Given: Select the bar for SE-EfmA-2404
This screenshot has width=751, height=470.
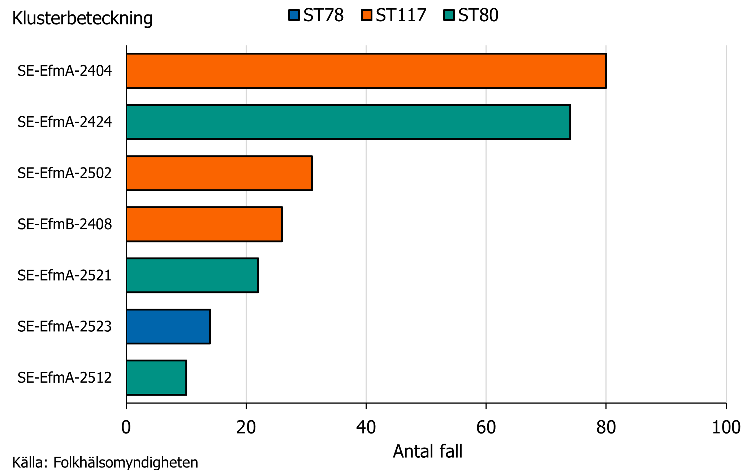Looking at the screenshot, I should click(x=366, y=71).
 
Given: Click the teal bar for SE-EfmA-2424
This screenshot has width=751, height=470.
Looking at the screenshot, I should click(x=348, y=122).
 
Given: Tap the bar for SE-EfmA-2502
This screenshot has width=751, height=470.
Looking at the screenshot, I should click(x=219, y=173).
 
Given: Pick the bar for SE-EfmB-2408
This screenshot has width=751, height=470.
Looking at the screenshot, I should click(x=204, y=224).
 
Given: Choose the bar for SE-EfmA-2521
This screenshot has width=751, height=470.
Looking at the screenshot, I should click(x=192, y=275).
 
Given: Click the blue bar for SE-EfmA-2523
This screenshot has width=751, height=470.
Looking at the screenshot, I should click(x=168, y=327).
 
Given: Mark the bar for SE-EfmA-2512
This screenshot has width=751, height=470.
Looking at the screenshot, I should click(x=156, y=378).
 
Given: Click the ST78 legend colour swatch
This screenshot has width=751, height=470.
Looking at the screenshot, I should click(x=294, y=15).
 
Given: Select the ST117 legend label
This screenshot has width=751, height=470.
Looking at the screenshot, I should click(x=401, y=15).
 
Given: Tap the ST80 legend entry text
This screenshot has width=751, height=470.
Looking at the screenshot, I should click(x=478, y=15).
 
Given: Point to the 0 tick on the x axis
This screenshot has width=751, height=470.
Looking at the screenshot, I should click(x=126, y=427).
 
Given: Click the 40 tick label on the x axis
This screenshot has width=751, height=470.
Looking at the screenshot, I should click(x=366, y=427).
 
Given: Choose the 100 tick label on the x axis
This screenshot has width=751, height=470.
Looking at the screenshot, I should click(x=726, y=427).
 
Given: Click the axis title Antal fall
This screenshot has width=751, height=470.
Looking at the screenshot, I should click(x=427, y=451).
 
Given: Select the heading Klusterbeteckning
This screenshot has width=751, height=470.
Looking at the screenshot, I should click(x=82, y=18).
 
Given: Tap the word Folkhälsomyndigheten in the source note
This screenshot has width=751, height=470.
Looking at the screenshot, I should click(x=126, y=462).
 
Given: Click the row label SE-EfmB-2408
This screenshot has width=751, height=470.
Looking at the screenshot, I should click(x=65, y=225).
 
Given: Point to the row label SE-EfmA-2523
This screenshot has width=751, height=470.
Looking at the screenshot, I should click(x=65, y=327).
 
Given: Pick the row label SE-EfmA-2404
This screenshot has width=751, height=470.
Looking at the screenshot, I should click(x=65, y=71).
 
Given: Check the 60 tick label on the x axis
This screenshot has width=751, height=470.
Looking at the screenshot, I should click(x=486, y=427).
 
